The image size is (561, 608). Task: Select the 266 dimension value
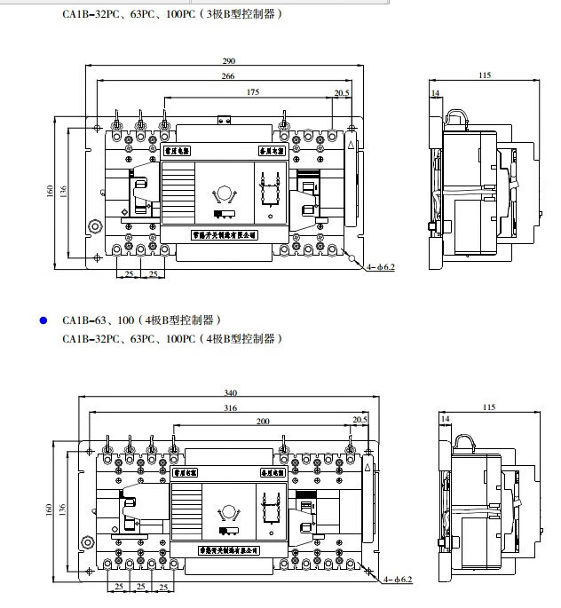click(x=228, y=76)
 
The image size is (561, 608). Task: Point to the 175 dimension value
click(x=253, y=92)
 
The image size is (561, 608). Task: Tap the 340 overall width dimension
click(x=230, y=392)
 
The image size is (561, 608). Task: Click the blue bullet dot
click(x=42, y=320)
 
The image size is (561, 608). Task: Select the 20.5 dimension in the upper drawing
click(x=341, y=92)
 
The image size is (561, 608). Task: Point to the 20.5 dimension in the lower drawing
click(x=360, y=419)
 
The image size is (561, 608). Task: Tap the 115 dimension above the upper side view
click(x=484, y=76)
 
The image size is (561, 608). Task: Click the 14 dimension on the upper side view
click(x=435, y=92)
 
